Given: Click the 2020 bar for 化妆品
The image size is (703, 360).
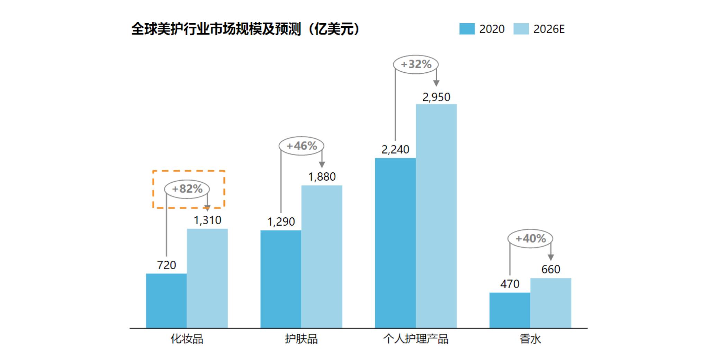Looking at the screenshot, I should [166, 300].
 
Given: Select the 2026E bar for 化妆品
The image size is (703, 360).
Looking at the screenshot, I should [207, 278].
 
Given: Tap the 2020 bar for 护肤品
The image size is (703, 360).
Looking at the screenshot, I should [281, 279].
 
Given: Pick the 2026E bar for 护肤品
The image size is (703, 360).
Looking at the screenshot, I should [322, 256].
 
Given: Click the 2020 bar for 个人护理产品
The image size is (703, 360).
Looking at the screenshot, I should [395, 243].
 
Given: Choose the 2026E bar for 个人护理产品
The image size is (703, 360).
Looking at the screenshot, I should [436, 216].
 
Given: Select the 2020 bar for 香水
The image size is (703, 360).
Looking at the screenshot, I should [510, 310].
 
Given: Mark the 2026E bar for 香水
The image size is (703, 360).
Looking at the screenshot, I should [550, 303].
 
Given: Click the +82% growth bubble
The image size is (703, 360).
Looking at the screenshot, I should [187, 189].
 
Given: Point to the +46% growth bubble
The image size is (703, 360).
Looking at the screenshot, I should [301, 146].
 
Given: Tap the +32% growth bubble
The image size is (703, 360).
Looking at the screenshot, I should [416, 64].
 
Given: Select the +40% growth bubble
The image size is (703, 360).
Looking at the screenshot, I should [530, 238].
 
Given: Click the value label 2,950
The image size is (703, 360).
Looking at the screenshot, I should [436, 97].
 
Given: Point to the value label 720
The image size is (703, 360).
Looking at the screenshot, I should [166, 265].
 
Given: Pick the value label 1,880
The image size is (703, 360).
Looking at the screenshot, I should [322, 177].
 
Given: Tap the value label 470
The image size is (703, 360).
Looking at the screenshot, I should [510, 284].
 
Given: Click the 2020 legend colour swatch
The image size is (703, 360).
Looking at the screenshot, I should [467, 29].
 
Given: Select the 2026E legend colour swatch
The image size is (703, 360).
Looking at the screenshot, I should [521, 29].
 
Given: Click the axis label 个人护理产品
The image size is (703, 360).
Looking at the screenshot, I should [415, 339].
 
